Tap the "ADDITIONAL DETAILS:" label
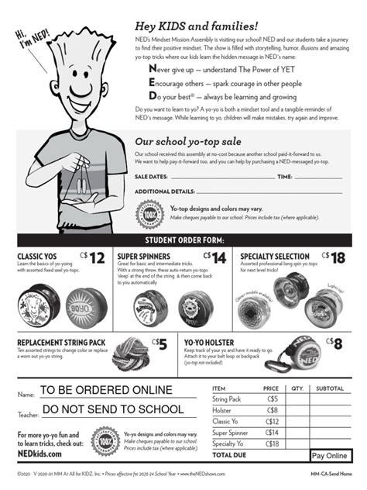(165, 191)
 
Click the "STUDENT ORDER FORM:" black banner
(183, 239)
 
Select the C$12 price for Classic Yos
(92, 258)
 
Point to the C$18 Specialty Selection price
(334, 258)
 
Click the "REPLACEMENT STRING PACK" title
(61, 342)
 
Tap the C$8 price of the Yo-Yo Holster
(334, 343)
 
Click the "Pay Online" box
(329, 456)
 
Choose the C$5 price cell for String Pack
(272, 399)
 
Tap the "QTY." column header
(297, 388)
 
